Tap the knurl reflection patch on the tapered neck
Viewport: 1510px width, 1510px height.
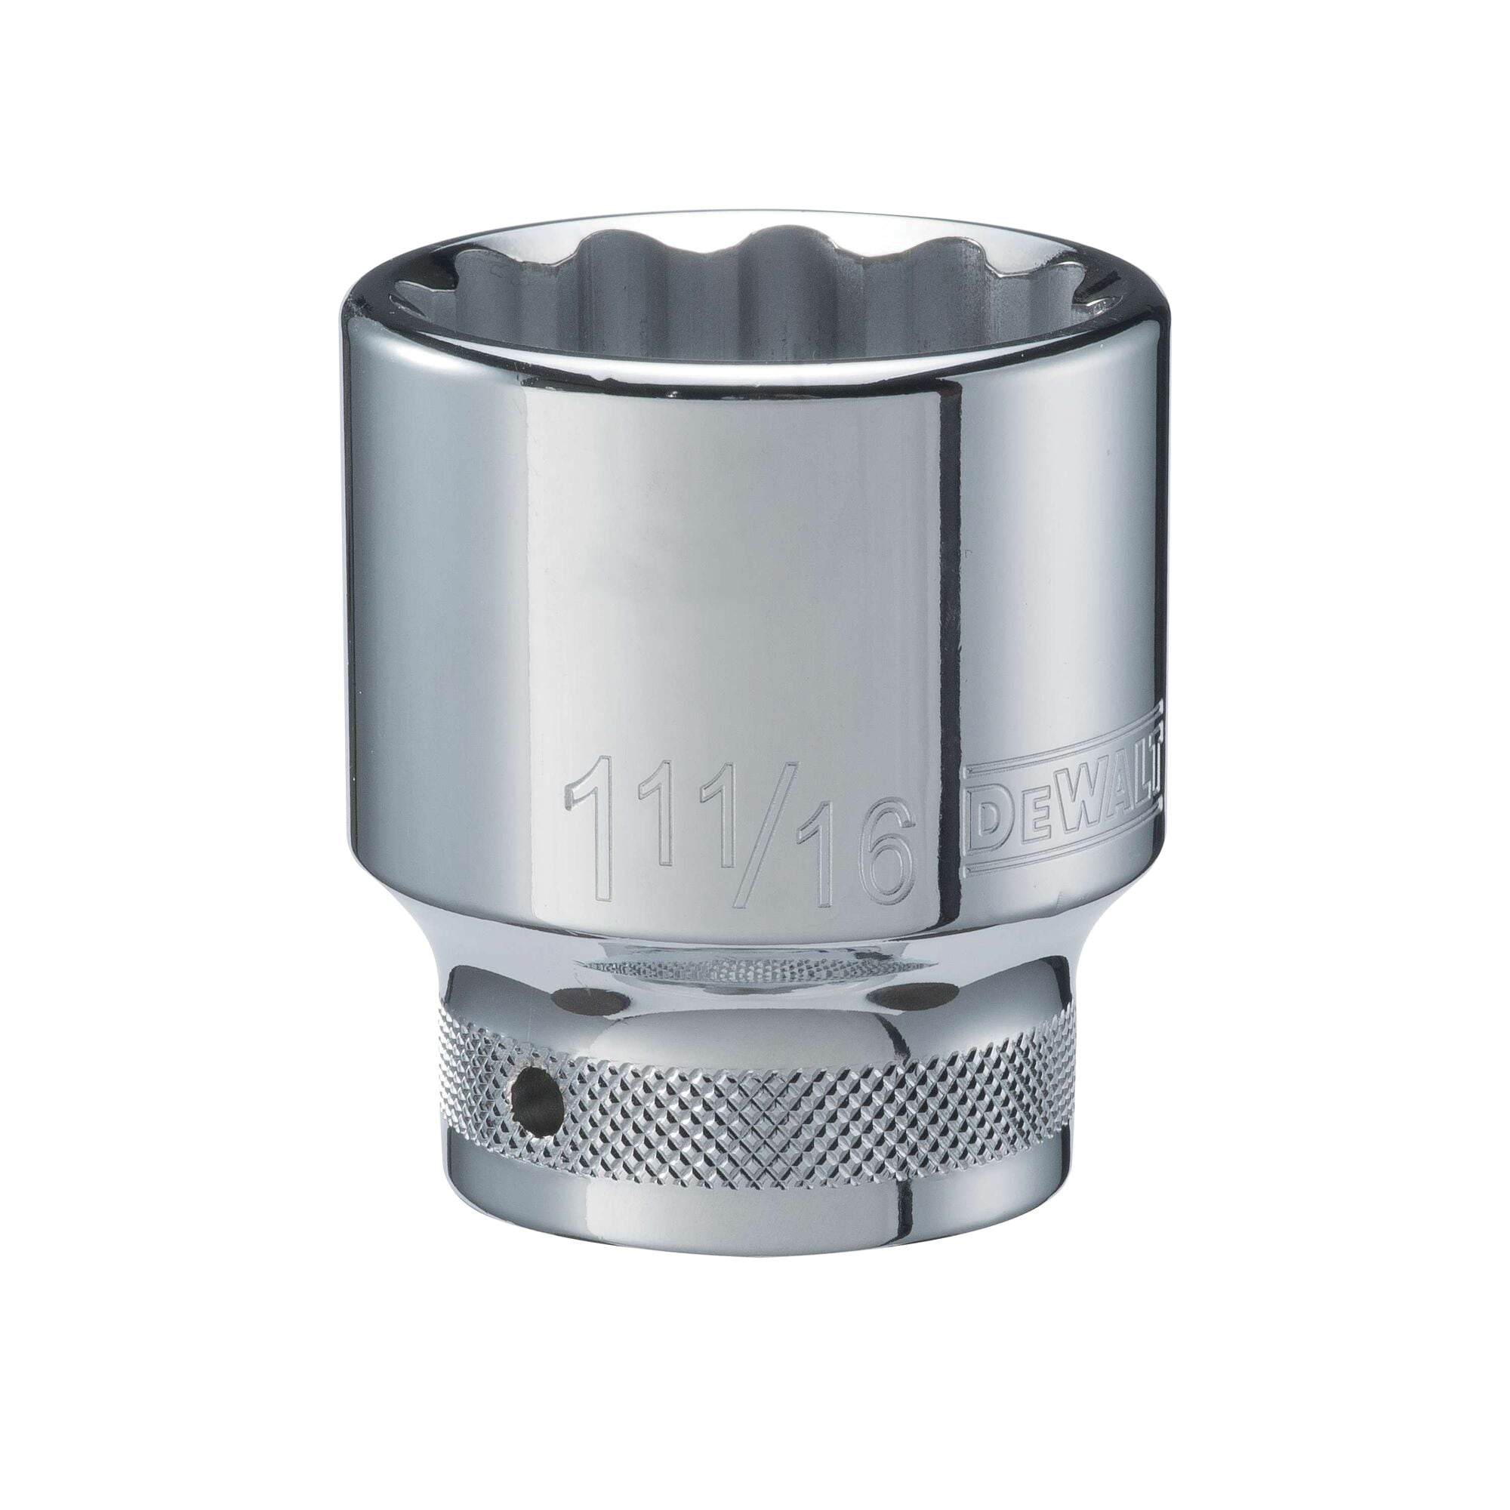[x=735, y=969]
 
